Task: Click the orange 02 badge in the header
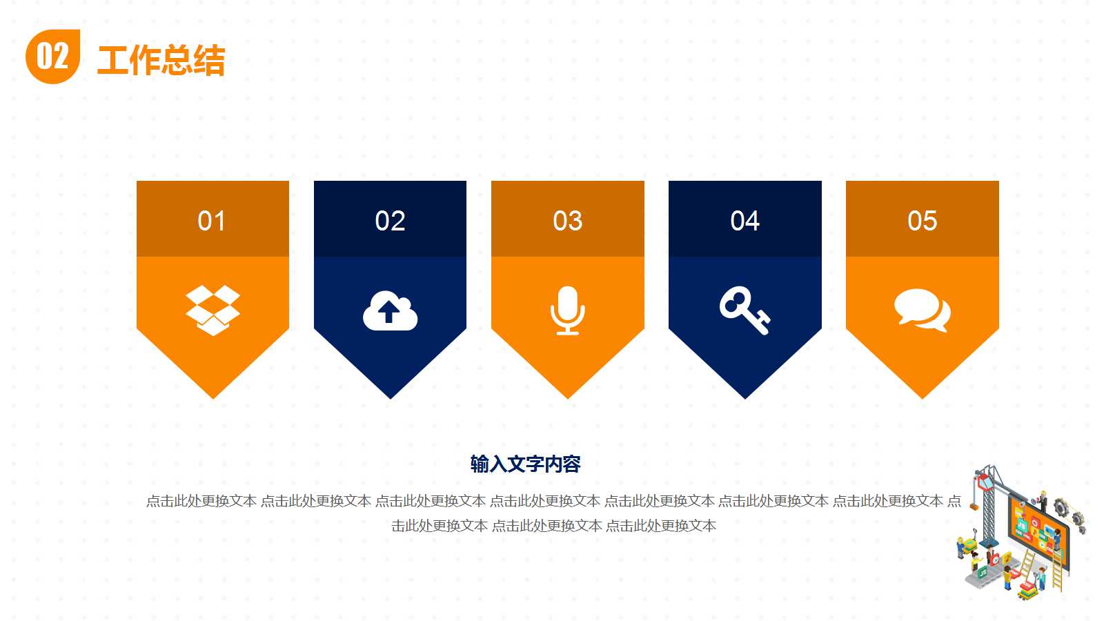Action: pyautogui.click(x=52, y=57)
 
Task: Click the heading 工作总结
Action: pyautogui.click(x=161, y=60)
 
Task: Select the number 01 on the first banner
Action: pyautogui.click(x=212, y=221)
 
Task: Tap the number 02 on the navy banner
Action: pyautogui.click(x=390, y=221)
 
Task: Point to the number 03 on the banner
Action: pyautogui.click(x=567, y=221)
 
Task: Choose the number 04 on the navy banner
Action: pyautogui.click(x=745, y=221)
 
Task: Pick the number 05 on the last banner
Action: pyautogui.click(x=922, y=221)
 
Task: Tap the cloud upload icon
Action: pyautogui.click(x=390, y=311)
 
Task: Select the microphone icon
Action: pyautogui.click(x=567, y=310)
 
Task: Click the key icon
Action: pyautogui.click(x=744, y=310)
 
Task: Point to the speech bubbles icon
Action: pyautogui.click(x=922, y=310)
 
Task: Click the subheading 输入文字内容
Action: pyautogui.click(x=525, y=464)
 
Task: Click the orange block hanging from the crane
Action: pyautogui.click(x=974, y=506)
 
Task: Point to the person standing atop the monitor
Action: pyautogui.click(x=1043, y=500)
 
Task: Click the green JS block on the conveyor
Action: pyautogui.click(x=983, y=573)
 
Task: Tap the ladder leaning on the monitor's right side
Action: pyautogui.click(x=1057, y=569)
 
